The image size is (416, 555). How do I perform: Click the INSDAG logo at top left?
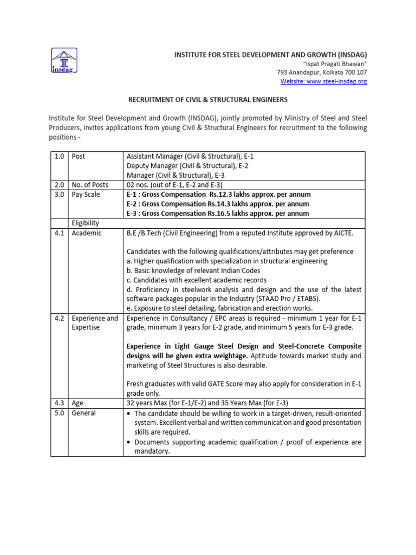64,61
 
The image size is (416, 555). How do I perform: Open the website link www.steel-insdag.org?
323,81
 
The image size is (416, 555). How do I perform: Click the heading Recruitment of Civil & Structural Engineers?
207,100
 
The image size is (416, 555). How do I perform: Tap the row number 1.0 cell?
59,156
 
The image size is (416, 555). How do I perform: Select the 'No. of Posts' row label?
90,185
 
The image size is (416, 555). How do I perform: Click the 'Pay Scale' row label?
86,195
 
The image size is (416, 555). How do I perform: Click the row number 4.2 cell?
59,318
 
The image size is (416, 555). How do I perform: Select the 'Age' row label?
79,403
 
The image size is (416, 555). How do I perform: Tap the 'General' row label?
83,413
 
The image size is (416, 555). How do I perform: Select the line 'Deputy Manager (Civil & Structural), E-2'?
188,166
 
